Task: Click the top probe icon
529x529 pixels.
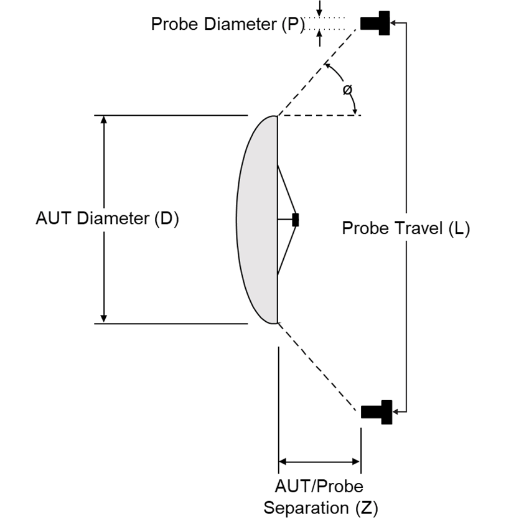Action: coord(376,23)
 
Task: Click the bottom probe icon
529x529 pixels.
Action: coord(377,411)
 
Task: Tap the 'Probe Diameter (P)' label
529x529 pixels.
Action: coord(228,24)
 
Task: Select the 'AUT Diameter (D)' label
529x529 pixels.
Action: coord(108,219)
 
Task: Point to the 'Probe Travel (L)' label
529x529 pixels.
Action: coord(406,228)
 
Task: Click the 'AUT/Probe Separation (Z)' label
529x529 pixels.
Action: coord(320,496)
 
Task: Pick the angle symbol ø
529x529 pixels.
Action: coord(347,90)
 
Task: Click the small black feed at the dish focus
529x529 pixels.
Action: coord(295,219)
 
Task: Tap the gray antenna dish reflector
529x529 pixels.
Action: coord(257,219)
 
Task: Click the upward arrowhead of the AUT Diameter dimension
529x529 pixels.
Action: coord(104,121)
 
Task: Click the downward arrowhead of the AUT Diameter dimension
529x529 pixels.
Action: coord(104,317)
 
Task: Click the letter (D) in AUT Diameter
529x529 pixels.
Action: coord(167,219)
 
